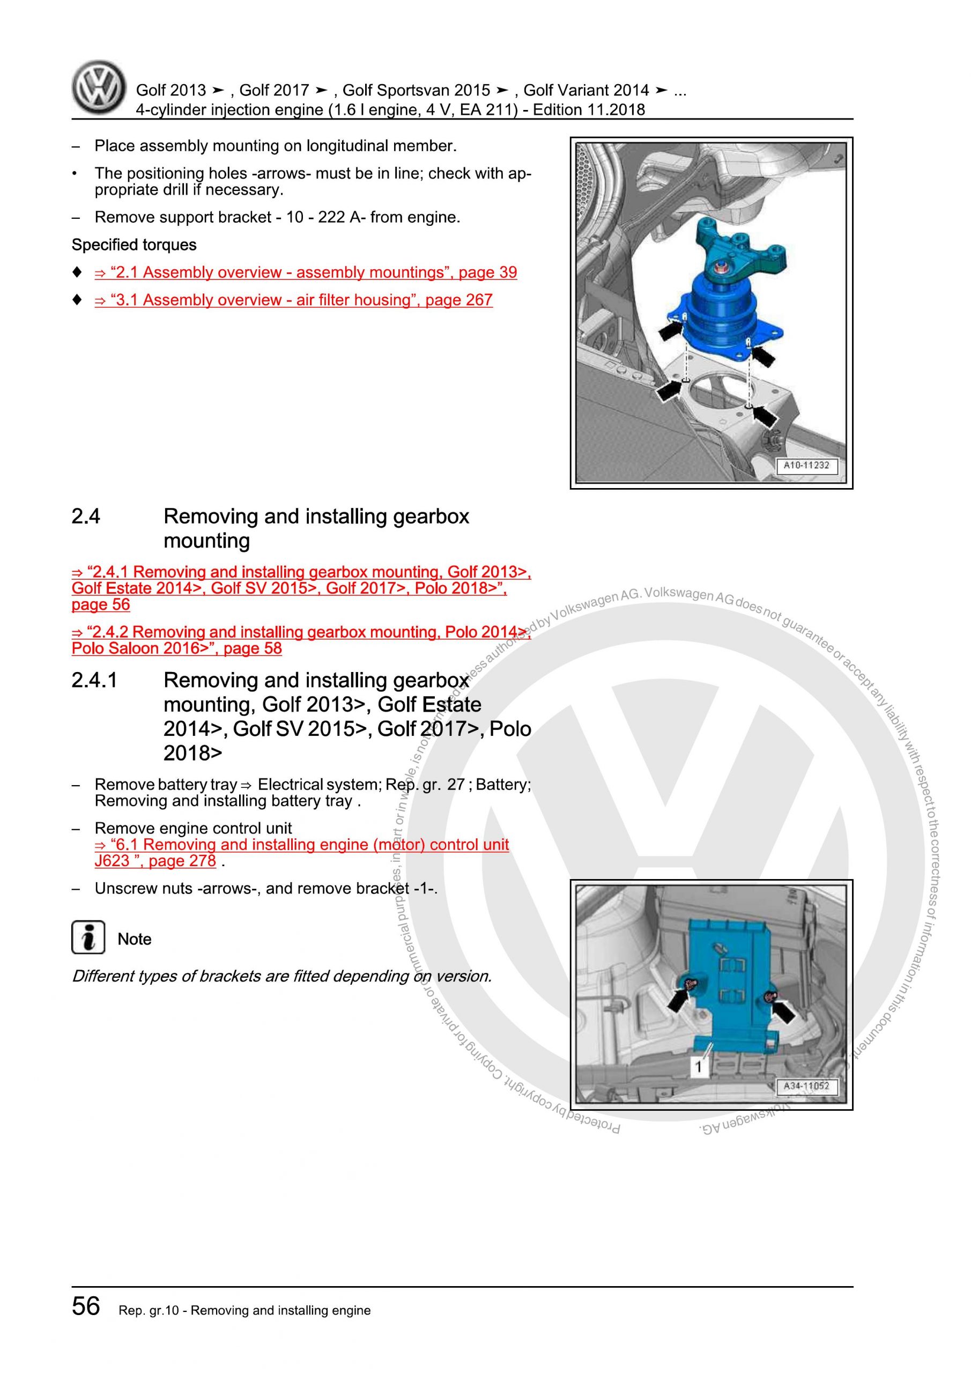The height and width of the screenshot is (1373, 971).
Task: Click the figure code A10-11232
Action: tap(806, 465)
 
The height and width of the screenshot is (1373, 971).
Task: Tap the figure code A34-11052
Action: tap(806, 1086)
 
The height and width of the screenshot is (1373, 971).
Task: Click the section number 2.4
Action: tap(86, 516)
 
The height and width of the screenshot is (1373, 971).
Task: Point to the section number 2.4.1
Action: tap(94, 680)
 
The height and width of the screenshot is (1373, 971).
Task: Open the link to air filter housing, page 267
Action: tap(293, 300)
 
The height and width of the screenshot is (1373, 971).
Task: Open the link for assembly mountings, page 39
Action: tap(305, 272)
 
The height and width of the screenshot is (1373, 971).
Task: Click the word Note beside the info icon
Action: tap(135, 939)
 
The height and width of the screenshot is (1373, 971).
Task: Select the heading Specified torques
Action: tap(134, 245)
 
